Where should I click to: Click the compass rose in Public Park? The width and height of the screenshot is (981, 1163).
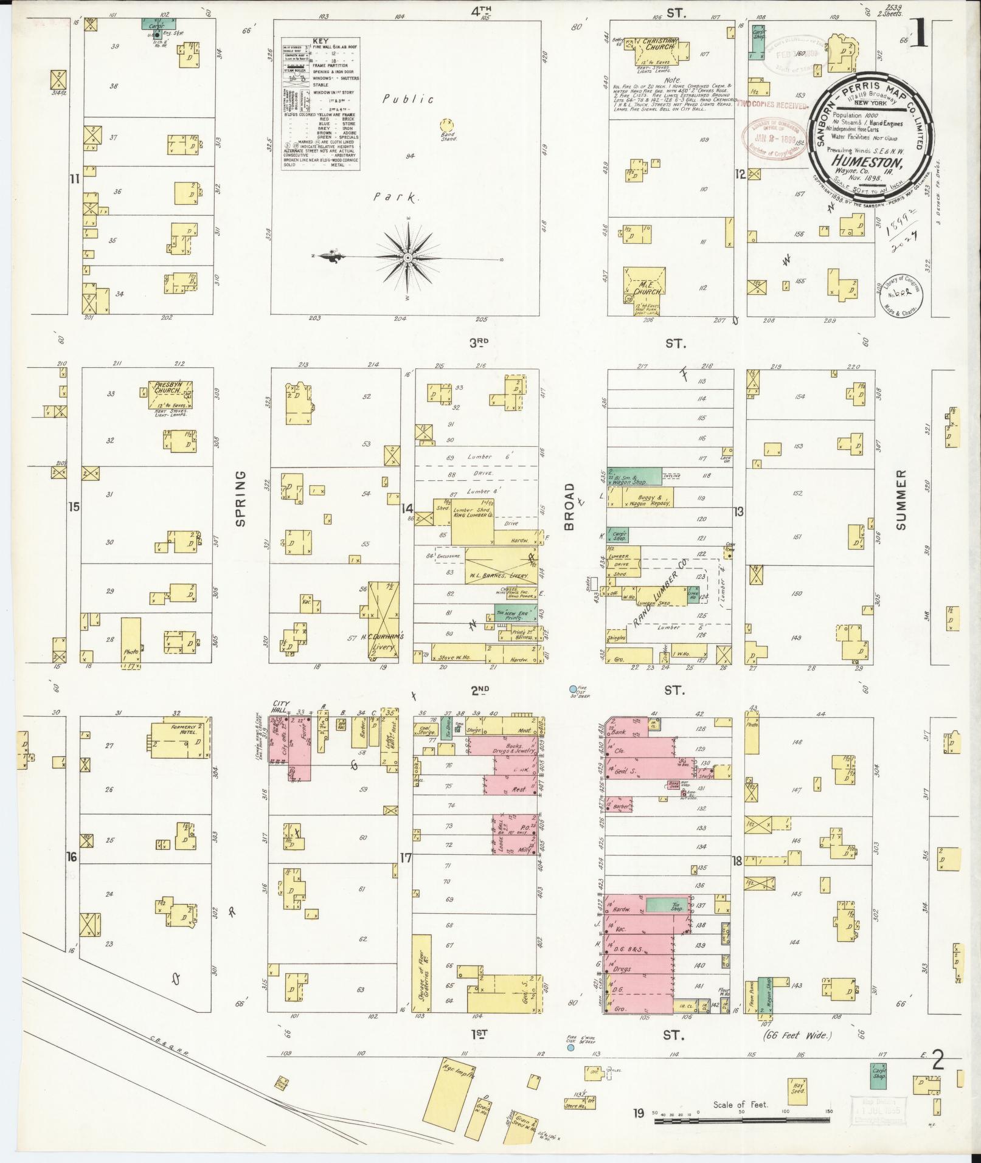click(407, 258)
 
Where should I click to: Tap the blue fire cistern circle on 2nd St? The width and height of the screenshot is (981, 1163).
click(572, 689)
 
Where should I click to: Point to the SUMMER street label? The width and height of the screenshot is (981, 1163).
click(901, 499)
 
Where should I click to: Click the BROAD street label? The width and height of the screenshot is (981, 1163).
click(569, 506)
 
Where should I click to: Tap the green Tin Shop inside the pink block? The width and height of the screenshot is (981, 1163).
click(667, 905)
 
